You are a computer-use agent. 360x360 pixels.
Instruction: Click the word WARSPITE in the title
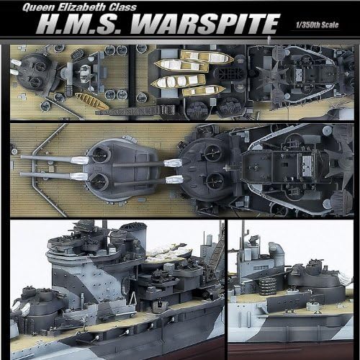tap(204, 23)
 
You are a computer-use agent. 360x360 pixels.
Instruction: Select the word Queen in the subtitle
tap(39, 7)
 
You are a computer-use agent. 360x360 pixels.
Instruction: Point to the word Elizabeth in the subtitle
tap(82, 7)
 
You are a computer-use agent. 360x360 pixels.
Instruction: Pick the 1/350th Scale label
tap(317, 24)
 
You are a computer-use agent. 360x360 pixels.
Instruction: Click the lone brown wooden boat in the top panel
tap(91, 101)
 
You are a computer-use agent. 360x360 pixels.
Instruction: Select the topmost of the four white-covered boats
tap(207, 56)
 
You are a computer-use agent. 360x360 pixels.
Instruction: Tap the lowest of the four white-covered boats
tap(204, 90)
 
